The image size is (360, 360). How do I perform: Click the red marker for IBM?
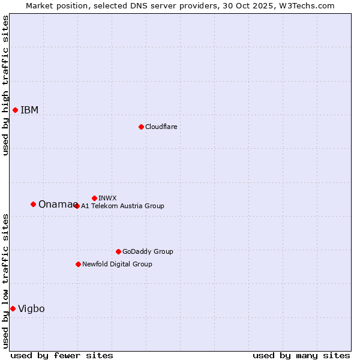[15, 110]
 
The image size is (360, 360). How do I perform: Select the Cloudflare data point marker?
[141, 127]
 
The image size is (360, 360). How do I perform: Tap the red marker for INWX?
[94, 198]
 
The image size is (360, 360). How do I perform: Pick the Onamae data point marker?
[33, 204]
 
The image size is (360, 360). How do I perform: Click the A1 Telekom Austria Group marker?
[76, 206]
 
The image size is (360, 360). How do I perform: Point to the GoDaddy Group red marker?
[118, 251]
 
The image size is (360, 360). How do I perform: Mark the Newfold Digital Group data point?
[78, 264]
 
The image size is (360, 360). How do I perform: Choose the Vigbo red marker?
[13, 308]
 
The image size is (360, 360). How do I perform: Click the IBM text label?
[29, 110]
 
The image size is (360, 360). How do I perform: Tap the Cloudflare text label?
[161, 127]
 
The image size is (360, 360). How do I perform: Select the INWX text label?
[107, 198]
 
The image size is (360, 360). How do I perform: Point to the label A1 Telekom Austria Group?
[122, 206]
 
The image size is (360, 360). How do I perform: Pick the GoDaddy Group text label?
[148, 251]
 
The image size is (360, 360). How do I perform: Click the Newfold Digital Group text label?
[117, 264]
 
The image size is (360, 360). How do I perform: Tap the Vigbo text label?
[31, 308]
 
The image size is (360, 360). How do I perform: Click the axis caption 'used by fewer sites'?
[62, 355]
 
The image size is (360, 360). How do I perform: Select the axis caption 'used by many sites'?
[301, 355]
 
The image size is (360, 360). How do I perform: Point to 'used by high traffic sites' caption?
[5, 85]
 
